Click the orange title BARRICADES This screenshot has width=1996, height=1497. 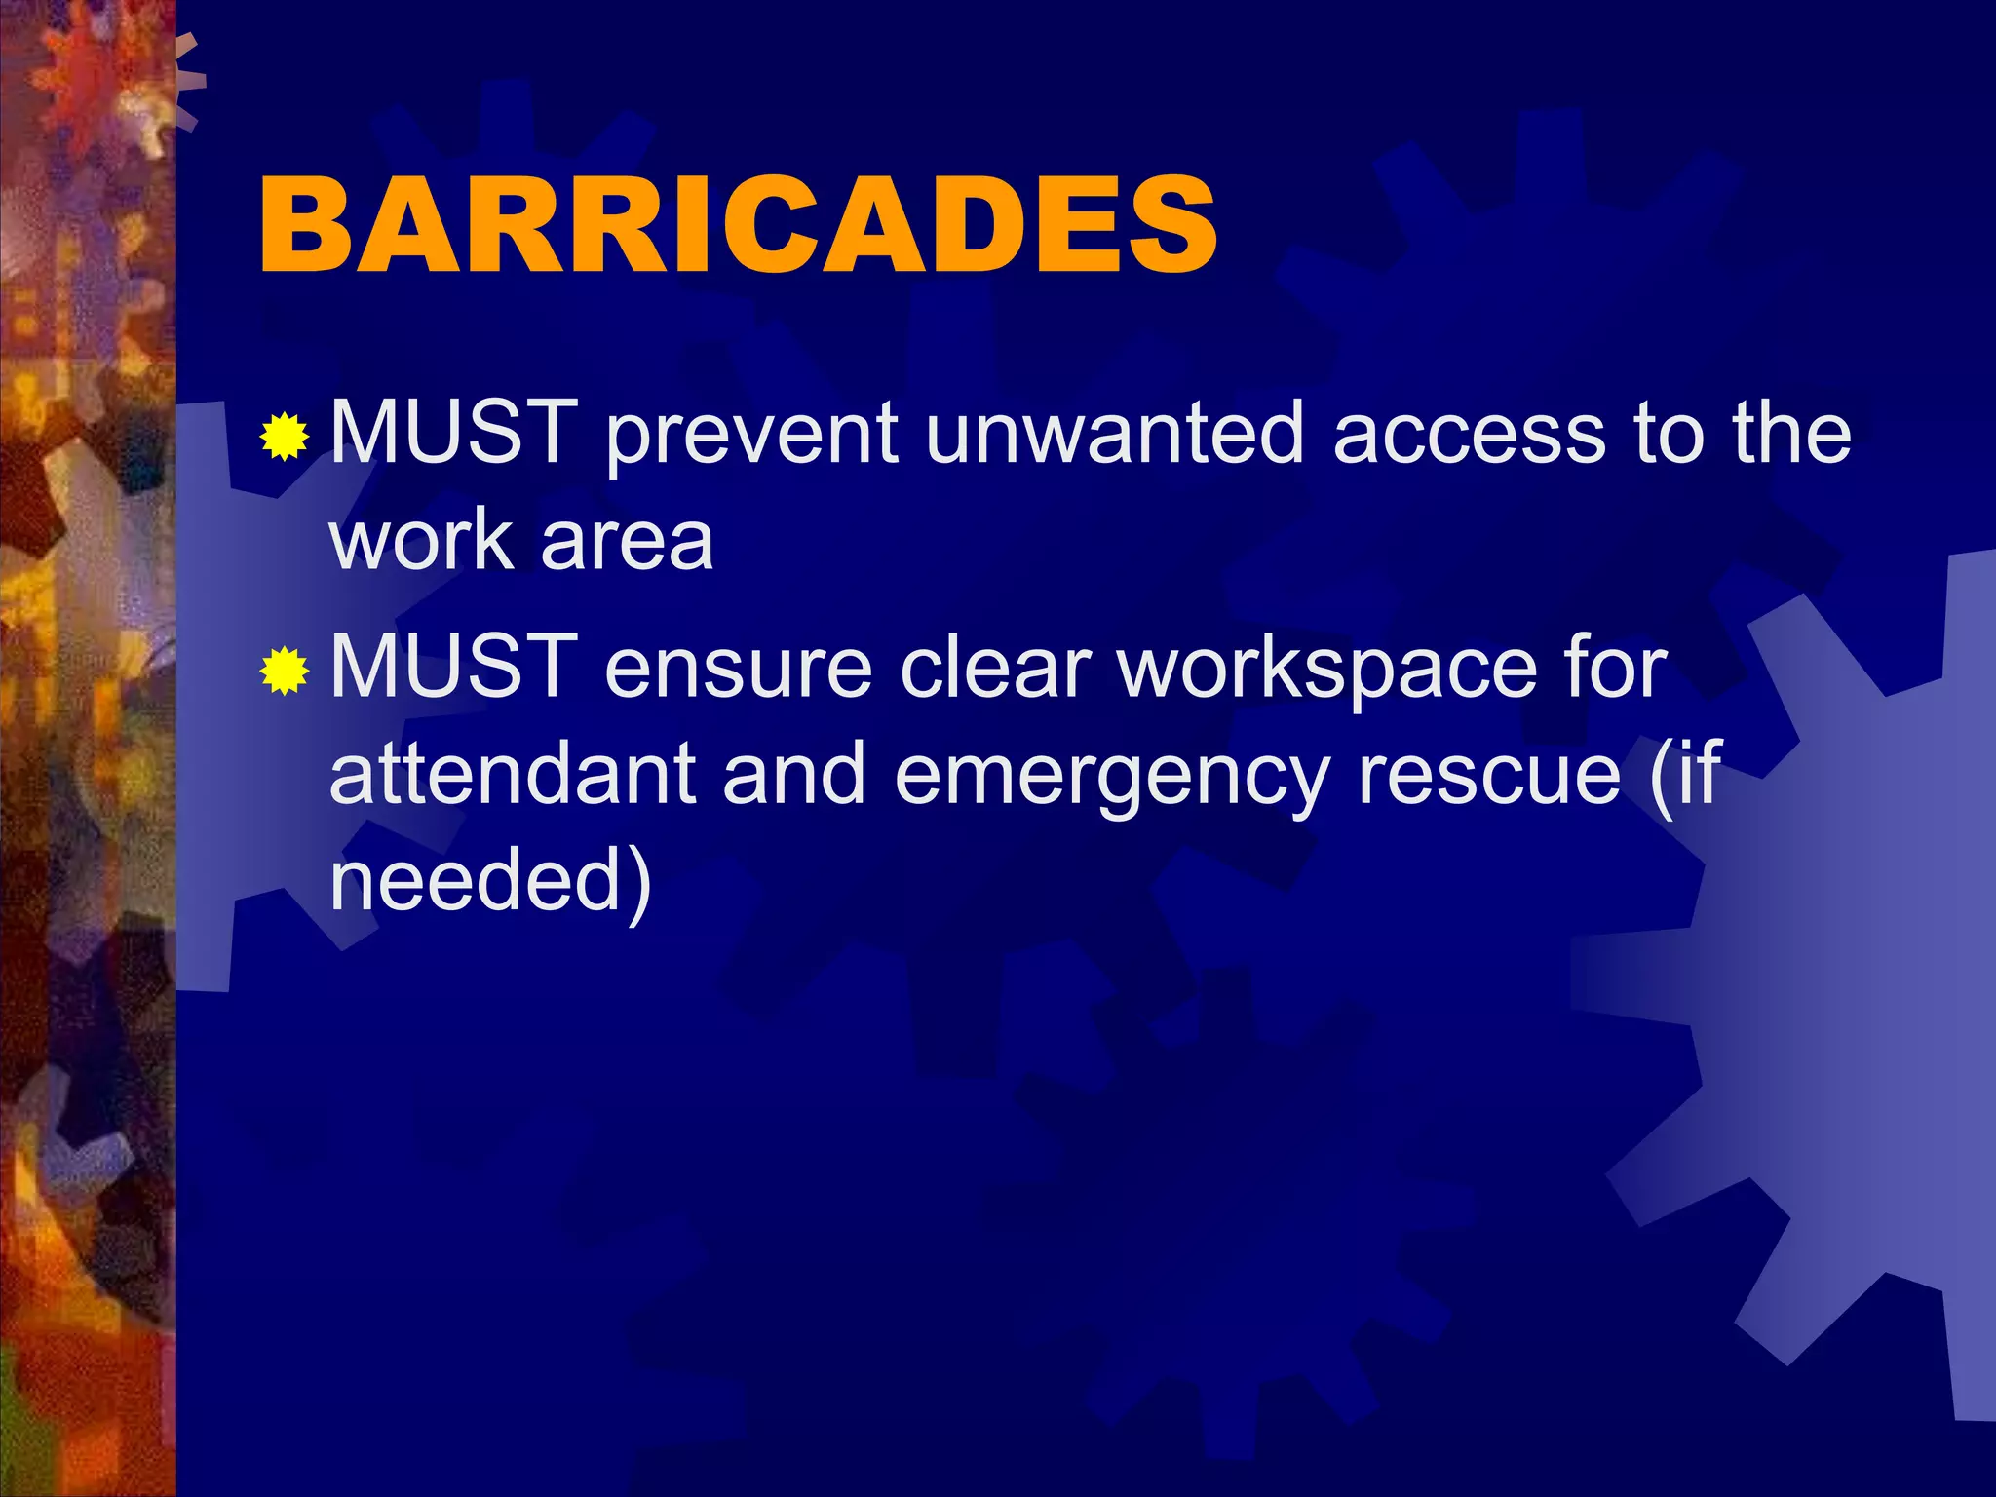coord(738,225)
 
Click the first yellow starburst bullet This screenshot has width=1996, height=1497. coord(285,436)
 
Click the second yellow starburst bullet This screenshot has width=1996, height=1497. coord(285,671)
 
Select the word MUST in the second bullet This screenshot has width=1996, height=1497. coord(453,667)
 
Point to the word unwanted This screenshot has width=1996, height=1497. coord(1114,433)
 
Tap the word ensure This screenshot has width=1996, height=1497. coord(738,670)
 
